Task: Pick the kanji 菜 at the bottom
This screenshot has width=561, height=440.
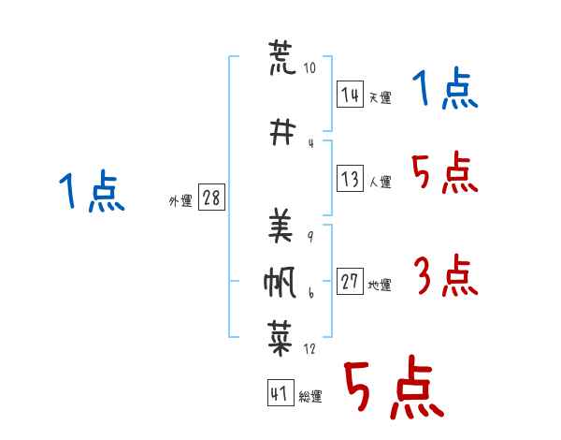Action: pyautogui.click(x=281, y=335)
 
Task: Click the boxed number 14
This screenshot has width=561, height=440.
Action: pyautogui.click(x=350, y=95)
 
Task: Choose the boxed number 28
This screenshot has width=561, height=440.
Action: pyautogui.click(x=211, y=198)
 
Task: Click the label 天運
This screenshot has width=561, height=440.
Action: pyautogui.click(x=380, y=97)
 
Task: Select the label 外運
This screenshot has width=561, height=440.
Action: pyautogui.click(x=180, y=200)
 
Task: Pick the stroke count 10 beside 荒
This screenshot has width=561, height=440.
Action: pyautogui.click(x=310, y=68)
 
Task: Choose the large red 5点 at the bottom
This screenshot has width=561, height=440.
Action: pyautogui.click(x=392, y=389)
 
